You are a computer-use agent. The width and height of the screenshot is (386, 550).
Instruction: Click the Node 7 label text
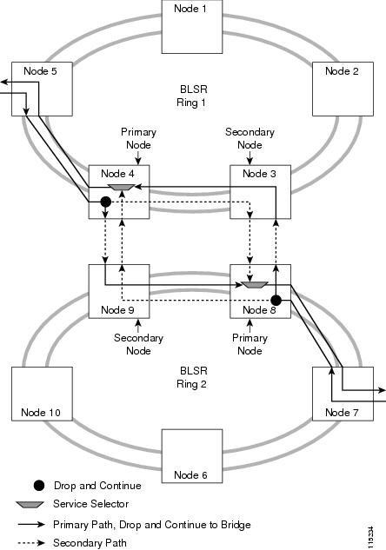(x=342, y=413)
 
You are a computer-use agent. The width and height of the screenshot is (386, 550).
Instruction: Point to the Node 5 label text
(x=40, y=71)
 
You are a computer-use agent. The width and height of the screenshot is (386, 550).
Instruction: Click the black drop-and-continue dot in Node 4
(x=105, y=202)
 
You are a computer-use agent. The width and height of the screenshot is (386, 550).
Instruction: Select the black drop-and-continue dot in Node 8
(x=276, y=301)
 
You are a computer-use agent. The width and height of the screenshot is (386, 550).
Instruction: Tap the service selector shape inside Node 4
(x=121, y=188)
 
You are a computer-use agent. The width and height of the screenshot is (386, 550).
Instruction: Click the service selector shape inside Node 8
(x=255, y=285)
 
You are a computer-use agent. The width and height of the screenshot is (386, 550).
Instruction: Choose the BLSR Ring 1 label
(x=192, y=96)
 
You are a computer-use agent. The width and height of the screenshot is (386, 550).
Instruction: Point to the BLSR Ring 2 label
(x=192, y=377)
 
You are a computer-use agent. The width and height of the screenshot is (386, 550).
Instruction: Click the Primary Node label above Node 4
(x=138, y=138)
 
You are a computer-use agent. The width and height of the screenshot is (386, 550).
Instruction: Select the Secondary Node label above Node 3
(x=250, y=138)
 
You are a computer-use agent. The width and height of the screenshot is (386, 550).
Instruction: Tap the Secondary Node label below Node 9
(x=138, y=344)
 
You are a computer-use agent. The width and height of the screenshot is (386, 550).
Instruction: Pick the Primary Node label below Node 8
(x=250, y=344)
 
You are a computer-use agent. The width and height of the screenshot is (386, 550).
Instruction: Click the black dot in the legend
(x=39, y=486)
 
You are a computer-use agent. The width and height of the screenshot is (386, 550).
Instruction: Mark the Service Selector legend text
(x=91, y=504)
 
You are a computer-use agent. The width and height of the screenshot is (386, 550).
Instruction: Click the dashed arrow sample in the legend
(x=31, y=543)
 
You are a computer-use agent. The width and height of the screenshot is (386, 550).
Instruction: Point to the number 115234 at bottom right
(x=371, y=537)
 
